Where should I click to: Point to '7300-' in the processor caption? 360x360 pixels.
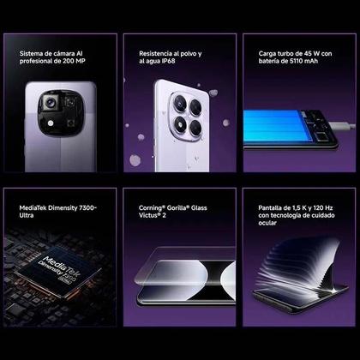click(84, 207)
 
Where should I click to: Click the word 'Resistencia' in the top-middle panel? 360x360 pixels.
click(159, 52)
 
